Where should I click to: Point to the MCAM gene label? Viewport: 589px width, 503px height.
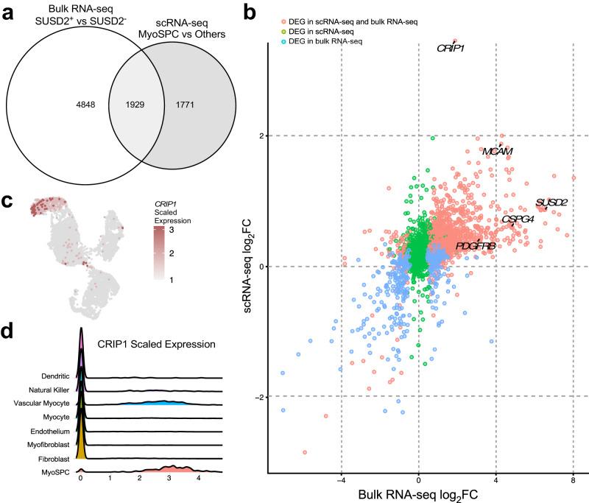tap(497, 151)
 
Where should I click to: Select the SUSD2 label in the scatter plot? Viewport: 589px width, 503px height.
tap(551, 202)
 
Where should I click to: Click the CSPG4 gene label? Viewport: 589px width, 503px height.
tap(518, 219)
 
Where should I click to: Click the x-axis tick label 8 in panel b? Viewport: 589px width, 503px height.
tap(573, 479)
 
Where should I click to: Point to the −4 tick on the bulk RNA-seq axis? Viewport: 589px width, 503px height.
tap(340, 479)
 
